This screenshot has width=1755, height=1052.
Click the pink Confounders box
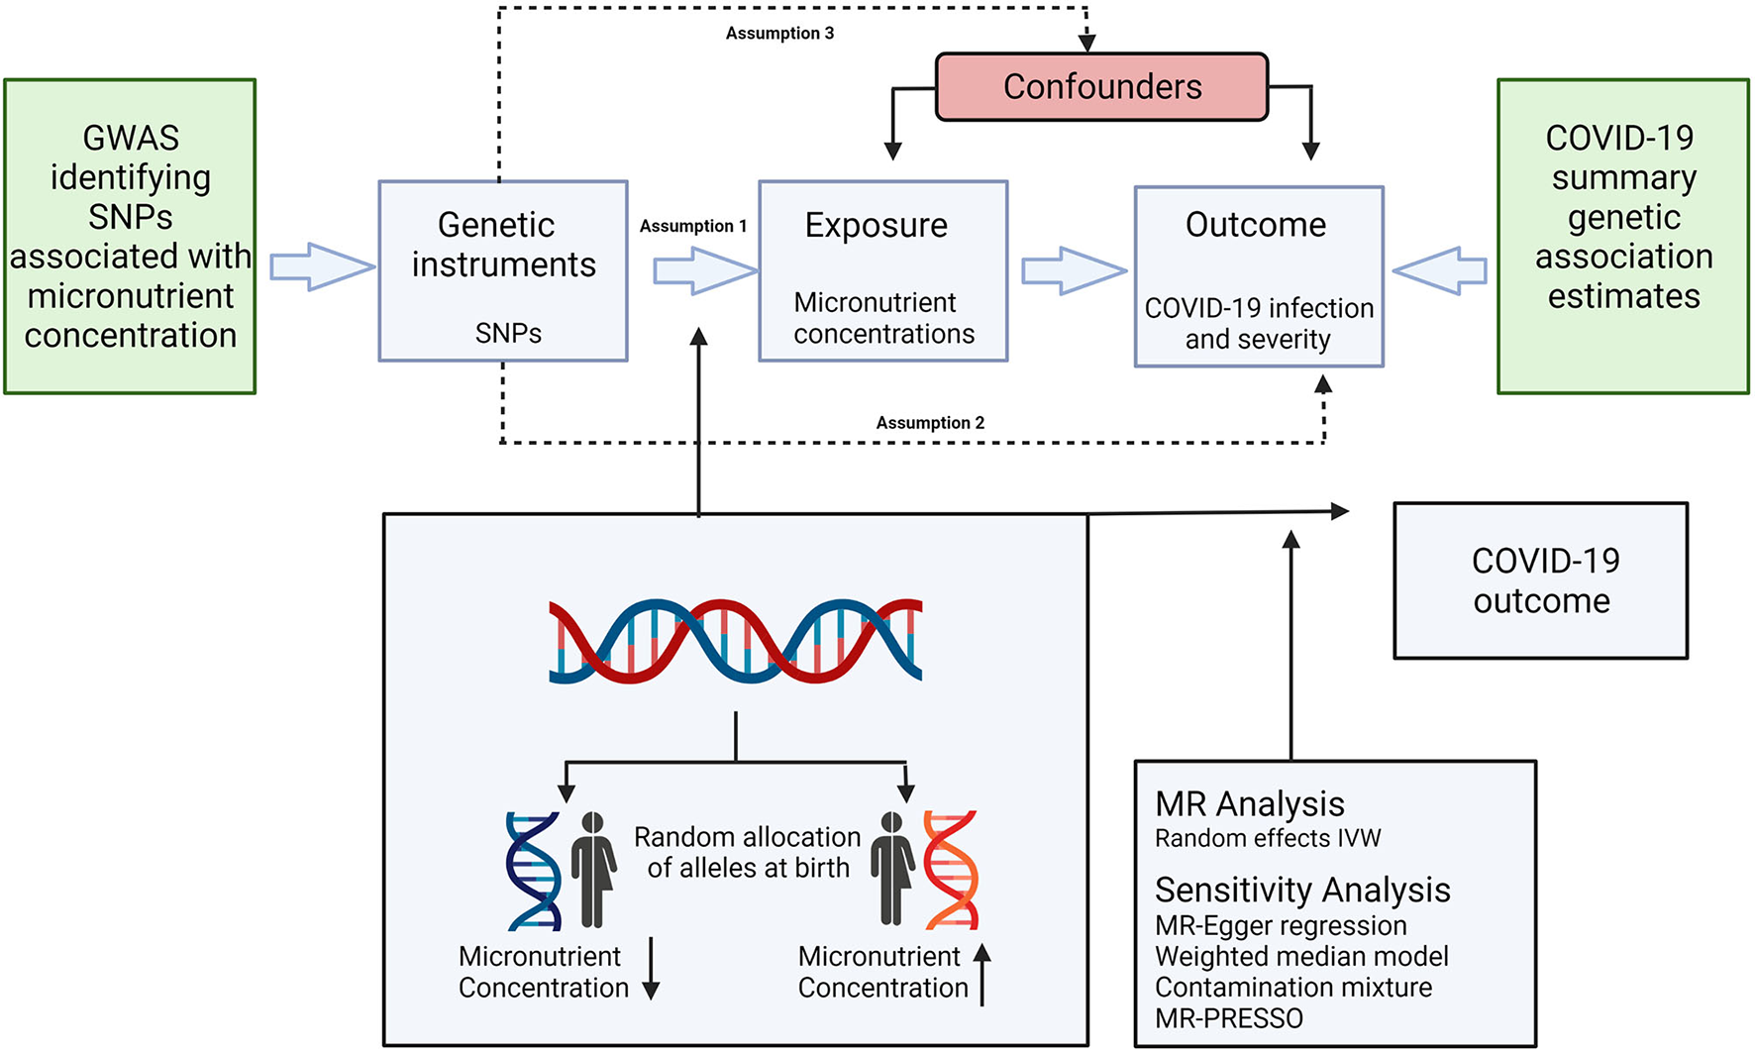[x=1101, y=87]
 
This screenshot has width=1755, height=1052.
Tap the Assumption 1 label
[x=693, y=226]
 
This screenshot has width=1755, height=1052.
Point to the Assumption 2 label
[x=930, y=423]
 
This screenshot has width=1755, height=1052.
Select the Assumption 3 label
[x=779, y=34]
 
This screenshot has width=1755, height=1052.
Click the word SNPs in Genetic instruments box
[x=508, y=333]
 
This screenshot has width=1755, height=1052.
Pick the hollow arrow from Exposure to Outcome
[x=1075, y=270]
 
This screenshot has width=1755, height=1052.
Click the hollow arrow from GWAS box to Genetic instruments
[x=323, y=266]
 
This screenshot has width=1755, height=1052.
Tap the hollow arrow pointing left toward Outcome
[x=1440, y=270]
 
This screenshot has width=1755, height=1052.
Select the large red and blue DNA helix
[x=736, y=641]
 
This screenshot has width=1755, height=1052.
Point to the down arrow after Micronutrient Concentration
[x=651, y=969]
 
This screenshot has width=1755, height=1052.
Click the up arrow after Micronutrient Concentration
[x=981, y=975]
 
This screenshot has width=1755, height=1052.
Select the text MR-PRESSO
[x=1229, y=1018]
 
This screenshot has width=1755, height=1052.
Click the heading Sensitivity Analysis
[x=1302, y=891]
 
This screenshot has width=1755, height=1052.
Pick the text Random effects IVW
[x=1268, y=838]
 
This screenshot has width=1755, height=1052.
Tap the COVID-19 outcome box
[x=1541, y=580]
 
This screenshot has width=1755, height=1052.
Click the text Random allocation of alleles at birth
[x=748, y=852]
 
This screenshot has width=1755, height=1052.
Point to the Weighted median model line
[x=1301, y=956]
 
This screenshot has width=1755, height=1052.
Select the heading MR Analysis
[x=1250, y=804]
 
